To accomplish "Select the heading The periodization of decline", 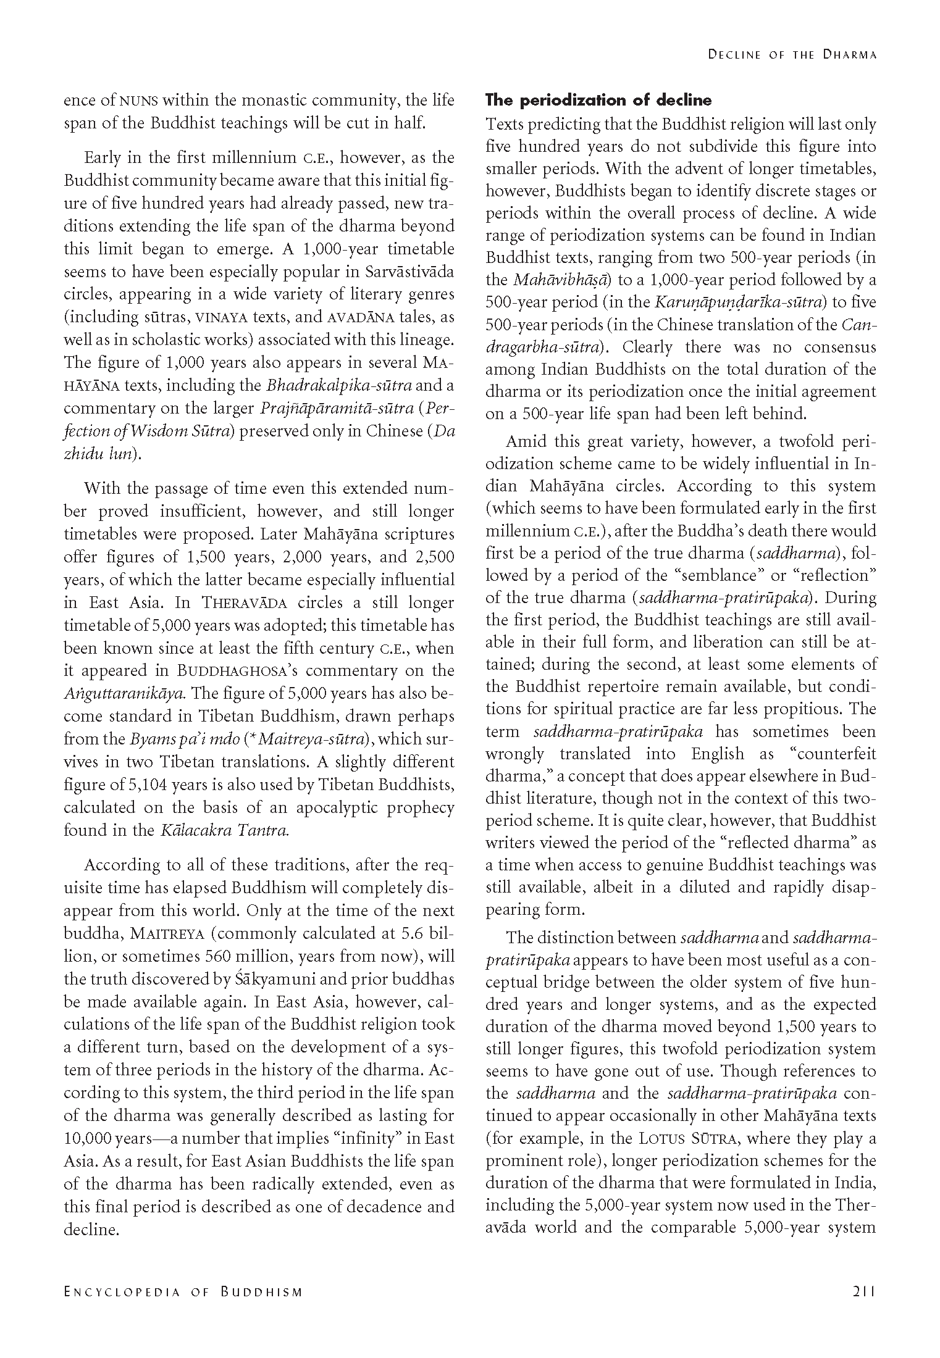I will (598, 100).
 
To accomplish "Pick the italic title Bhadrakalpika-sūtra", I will (339, 386).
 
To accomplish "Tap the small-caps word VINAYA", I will (221, 317).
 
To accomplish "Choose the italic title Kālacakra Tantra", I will (225, 830).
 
